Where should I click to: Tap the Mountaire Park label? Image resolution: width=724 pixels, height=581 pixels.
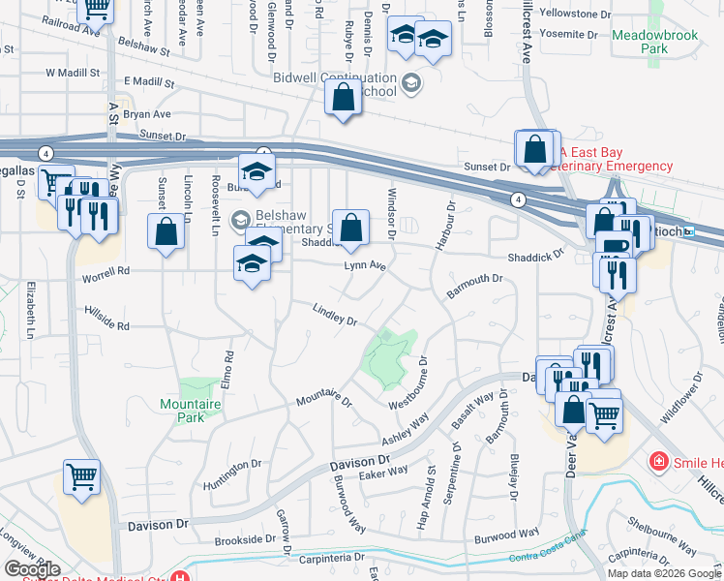click(x=183, y=410)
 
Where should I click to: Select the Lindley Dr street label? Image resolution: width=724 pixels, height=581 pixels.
click(x=335, y=315)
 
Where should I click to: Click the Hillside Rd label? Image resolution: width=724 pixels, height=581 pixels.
click(x=106, y=324)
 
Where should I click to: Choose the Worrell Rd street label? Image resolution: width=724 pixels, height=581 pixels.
click(x=106, y=271)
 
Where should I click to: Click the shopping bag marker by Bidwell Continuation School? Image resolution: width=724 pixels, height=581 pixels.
click(x=343, y=98)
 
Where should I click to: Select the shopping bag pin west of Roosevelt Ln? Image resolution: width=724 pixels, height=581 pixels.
click(x=166, y=231)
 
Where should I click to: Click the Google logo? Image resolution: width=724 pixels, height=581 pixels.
click(x=32, y=569)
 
